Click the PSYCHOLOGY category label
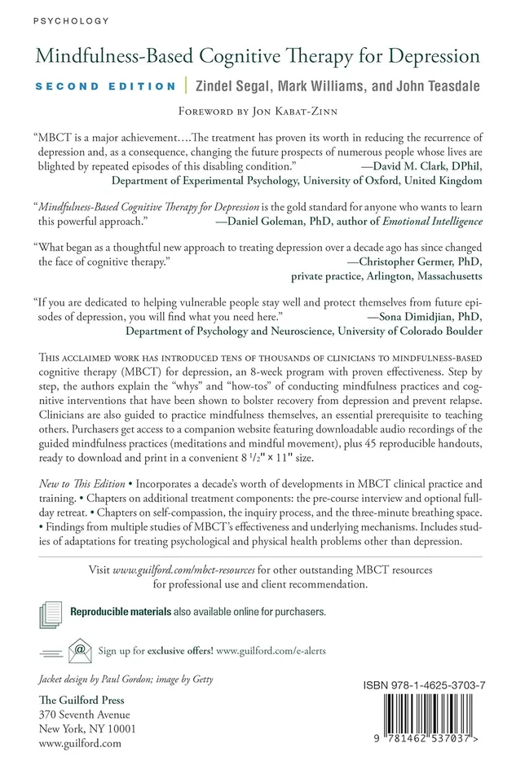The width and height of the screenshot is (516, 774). tap(59, 19)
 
